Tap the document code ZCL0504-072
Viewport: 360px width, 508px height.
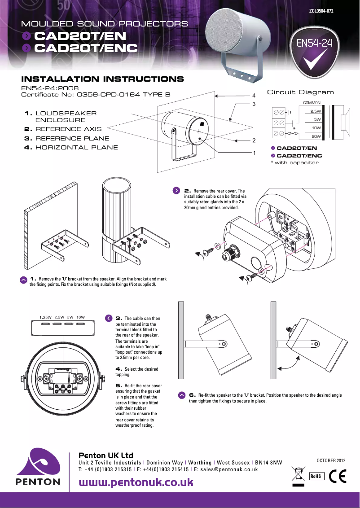point(321,10)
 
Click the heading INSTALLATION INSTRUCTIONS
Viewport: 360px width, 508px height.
point(103,79)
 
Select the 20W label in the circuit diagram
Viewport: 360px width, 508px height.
point(316,136)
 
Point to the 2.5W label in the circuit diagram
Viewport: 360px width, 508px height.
point(316,111)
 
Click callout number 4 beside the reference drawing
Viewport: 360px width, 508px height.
point(254,96)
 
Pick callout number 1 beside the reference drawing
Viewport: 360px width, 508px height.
point(254,153)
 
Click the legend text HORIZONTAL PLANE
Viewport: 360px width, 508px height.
point(76,147)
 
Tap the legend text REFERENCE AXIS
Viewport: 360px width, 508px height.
point(68,129)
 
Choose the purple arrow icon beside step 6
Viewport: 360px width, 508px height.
point(181,395)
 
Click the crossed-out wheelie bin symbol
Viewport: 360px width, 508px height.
point(298,475)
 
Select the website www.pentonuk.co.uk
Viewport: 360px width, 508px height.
point(136,482)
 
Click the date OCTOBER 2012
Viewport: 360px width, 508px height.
point(331,460)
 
